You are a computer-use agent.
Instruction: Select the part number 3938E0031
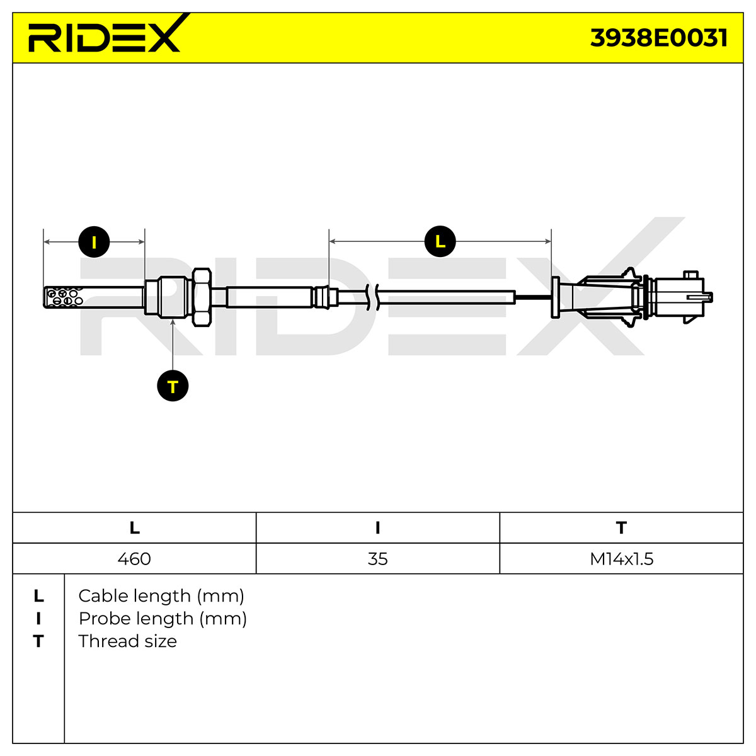pyautogui.click(x=659, y=38)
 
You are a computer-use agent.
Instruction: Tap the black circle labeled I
pyautogui.click(x=94, y=242)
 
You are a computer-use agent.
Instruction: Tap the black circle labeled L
pyautogui.click(x=440, y=241)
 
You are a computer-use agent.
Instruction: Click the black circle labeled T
pyautogui.click(x=173, y=386)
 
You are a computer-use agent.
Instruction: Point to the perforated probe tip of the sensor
pyautogui.click(x=64, y=297)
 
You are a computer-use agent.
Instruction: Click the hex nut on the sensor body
pyautogui.click(x=202, y=297)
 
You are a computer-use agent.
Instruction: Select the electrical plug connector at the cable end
pyautogui.click(x=632, y=297)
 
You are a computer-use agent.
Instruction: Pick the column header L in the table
pyautogui.click(x=135, y=528)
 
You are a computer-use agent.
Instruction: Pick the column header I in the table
pyautogui.click(x=377, y=528)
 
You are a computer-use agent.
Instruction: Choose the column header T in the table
pyautogui.click(x=621, y=528)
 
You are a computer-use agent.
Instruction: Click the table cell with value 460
pyautogui.click(x=134, y=559)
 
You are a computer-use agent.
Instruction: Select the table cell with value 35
pyautogui.click(x=377, y=559)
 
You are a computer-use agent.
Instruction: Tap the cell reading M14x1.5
pyautogui.click(x=621, y=559)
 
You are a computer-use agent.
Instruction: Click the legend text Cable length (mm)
pyautogui.click(x=161, y=596)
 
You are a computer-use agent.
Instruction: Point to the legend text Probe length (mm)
pyautogui.click(x=163, y=619)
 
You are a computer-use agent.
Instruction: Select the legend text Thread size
pyautogui.click(x=127, y=641)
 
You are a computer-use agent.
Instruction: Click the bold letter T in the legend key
pyautogui.click(x=38, y=641)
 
